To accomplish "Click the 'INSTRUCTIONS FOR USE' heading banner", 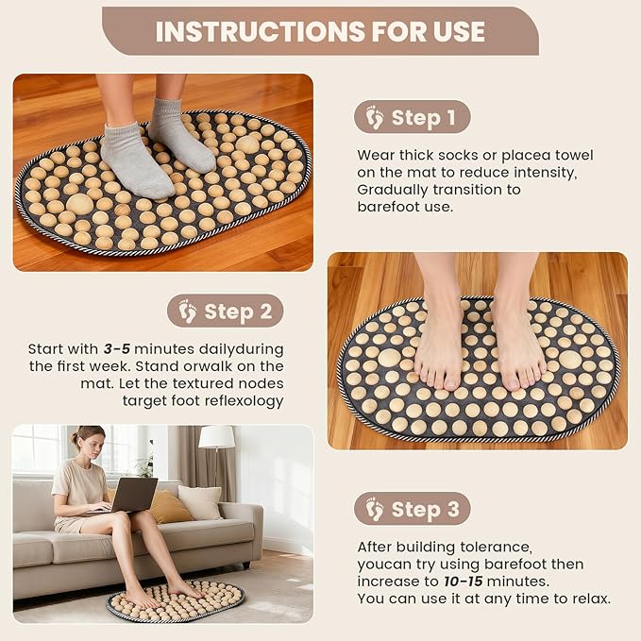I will tap(320, 31).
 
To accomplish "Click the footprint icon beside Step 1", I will tap(375, 118).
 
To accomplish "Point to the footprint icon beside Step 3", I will tap(375, 510).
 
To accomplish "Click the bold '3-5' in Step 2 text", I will tap(117, 348).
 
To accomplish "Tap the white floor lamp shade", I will tap(217, 436).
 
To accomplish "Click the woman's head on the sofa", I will tap(88, 440).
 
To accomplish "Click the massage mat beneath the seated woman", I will tap(176, 602).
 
